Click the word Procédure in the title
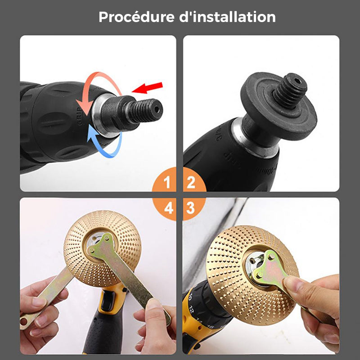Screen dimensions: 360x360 [x=136, y=17]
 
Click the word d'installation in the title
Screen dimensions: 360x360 [x=227, y=17]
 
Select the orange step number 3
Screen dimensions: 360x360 [x=190, y=208]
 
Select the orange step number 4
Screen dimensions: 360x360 [x=168, y=208]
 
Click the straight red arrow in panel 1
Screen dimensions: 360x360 [x=148, y=88]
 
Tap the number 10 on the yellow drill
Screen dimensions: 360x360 [x=189, y=297]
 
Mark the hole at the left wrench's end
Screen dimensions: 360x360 [x=24, y=322]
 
